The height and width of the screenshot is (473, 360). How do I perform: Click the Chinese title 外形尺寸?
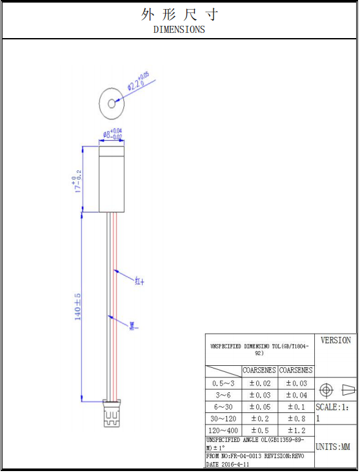(x=179, y=15)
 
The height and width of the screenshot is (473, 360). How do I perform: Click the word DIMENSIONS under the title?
(x=179, y=29)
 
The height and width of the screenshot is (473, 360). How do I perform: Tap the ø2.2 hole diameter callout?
(x=138, y=82)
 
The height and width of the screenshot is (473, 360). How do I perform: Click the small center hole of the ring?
(x=112, y=103)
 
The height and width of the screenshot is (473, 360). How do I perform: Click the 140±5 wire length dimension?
(x=78, y=307)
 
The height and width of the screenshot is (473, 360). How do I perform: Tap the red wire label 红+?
(x=139, y=281)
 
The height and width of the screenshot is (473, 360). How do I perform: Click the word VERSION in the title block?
(x=335, y=340)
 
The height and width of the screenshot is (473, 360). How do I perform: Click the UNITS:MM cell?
(x=335, y=447)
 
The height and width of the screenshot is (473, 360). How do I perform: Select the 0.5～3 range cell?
(x=223, y=383)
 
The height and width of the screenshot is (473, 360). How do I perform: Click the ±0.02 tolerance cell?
(x=260, y=383)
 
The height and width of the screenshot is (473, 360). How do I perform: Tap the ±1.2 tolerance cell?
(x=296, y=430)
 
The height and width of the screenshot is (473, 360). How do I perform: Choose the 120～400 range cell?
(x=223, y=430)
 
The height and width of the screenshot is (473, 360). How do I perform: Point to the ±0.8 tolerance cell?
(x=296, y=419)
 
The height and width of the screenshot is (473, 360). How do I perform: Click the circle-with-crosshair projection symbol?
(x=326, y=390)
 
